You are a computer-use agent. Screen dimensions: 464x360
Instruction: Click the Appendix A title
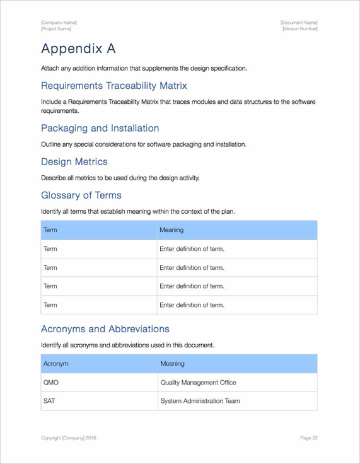click(78, 49)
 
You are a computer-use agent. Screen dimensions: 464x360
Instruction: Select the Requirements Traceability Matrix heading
click(113, 86)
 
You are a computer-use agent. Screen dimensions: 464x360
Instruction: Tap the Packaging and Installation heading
click(100, 129)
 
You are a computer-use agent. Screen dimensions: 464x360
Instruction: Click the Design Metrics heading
click(74, 162)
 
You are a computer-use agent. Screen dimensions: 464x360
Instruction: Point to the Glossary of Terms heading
click(81, 195)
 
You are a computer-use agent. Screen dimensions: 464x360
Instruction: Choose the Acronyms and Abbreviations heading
click(105, 329)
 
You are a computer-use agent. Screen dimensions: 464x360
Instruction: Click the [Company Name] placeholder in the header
click(59, 23)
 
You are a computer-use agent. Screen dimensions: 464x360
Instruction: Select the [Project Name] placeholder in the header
click(56, 29)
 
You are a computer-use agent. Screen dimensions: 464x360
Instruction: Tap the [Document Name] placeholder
click(299, 23)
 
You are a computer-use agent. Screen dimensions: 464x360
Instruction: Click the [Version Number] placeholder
click(299, 29)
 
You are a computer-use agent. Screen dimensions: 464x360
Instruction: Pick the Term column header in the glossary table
click(50, 230)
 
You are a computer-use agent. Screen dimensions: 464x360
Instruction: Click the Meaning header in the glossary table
click(171, 230)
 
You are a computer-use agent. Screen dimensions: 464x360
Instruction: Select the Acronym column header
click(55, 364)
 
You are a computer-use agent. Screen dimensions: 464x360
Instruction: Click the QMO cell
click(51, 383)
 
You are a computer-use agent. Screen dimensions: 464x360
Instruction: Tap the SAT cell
click(49, 401)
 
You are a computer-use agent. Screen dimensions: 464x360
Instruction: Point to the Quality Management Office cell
click(198, 383)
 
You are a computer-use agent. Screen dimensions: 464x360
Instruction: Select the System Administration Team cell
click(200, 401)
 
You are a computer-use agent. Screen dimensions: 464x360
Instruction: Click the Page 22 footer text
click(308, 438)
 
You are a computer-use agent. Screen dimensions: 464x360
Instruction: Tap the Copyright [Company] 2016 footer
click(69, 438)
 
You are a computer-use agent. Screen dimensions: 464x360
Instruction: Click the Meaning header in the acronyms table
click(172, 364)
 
